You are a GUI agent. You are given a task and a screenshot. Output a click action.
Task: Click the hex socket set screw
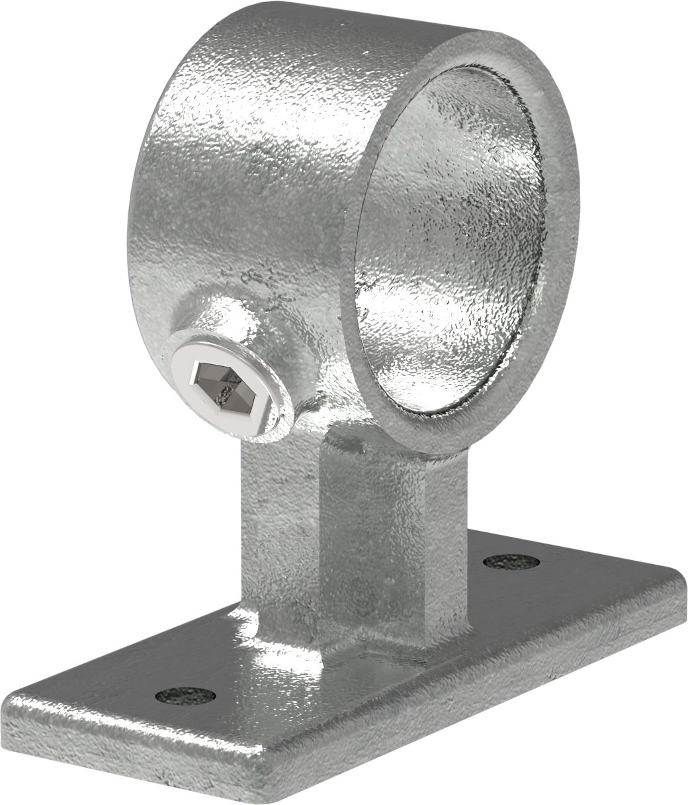coord(230,385)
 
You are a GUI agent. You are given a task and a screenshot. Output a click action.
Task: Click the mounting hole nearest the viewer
coord(186,695)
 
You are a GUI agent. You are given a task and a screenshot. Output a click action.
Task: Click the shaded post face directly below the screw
coord(278,530)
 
